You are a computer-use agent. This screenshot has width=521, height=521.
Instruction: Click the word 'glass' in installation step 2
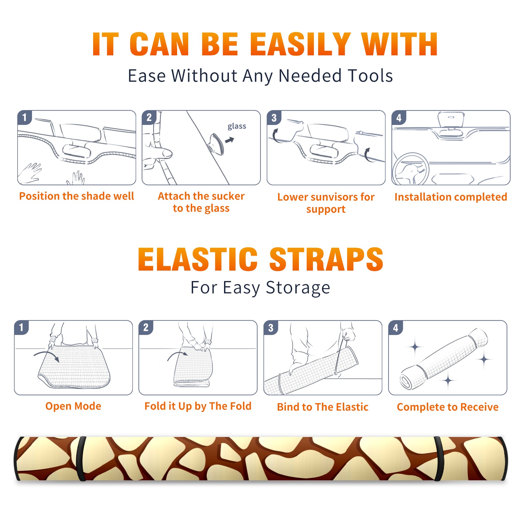[237, 126]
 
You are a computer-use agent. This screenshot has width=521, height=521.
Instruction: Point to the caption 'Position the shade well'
[77, 196]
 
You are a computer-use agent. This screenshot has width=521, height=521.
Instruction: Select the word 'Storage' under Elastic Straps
[298, 288]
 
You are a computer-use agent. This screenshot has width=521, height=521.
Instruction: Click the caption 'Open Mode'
[73, 406]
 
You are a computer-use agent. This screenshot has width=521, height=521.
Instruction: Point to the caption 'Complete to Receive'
[448, 407]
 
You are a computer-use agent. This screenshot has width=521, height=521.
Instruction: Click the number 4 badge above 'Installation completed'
[399, 118]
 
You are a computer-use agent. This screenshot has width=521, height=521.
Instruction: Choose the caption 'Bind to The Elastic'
[323, 407]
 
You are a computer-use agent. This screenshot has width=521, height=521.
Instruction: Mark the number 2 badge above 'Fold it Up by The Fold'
[146, 327]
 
